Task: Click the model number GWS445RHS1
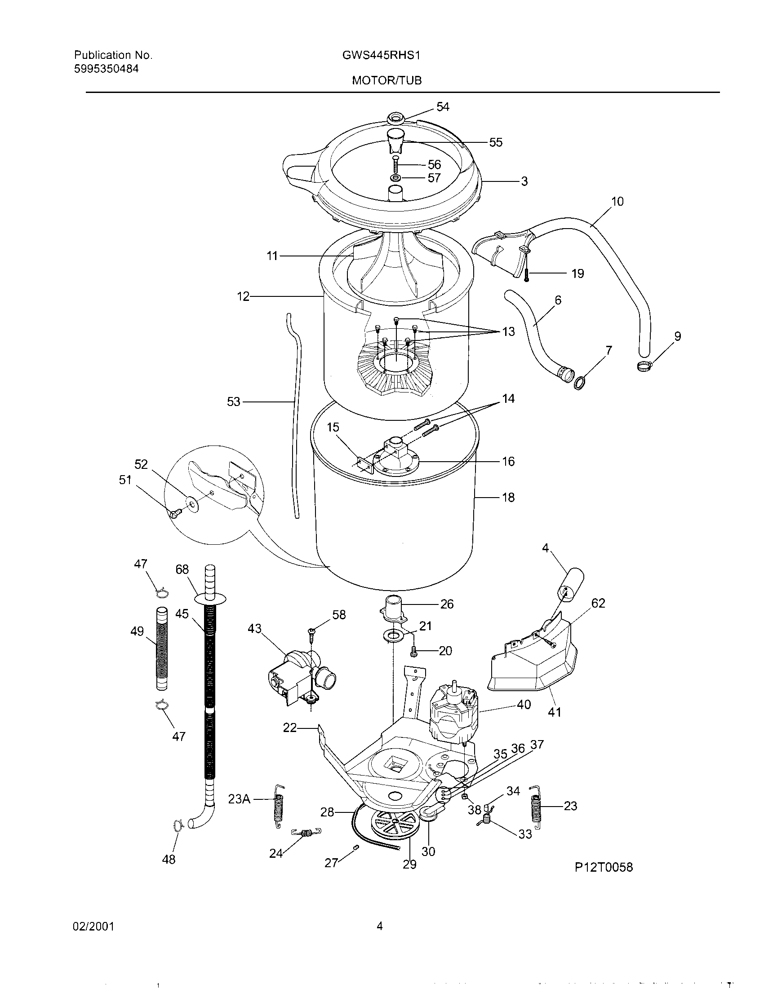tap(382, 55)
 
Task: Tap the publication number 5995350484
tap(107, 69)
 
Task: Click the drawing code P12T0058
tap(604, 867)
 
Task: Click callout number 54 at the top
tap(443, 107)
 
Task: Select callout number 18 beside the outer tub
tap(508, 498)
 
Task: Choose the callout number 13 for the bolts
tap(508, 331)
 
